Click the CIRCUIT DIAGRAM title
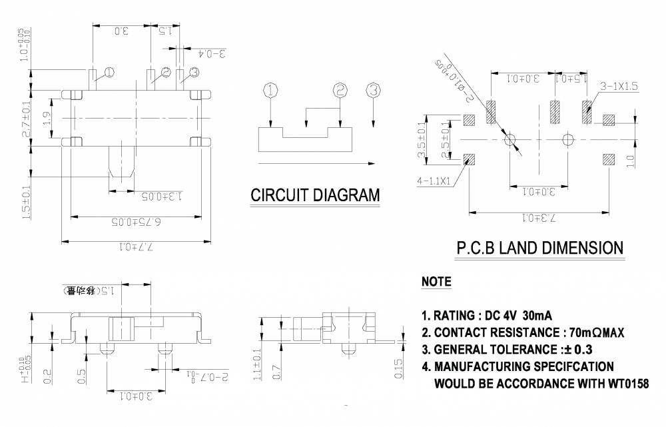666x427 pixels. point(315,195)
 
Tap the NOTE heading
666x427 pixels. point(436,282)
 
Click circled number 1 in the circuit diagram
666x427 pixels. point(270,89)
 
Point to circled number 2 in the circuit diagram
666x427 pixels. point(340,89)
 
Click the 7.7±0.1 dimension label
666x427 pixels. point(137,247)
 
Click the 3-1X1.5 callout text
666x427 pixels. point(619,87)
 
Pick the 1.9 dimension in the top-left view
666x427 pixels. point(46,119)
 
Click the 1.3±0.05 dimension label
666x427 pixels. point(148,197)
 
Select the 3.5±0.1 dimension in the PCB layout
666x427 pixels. point(421,140)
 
